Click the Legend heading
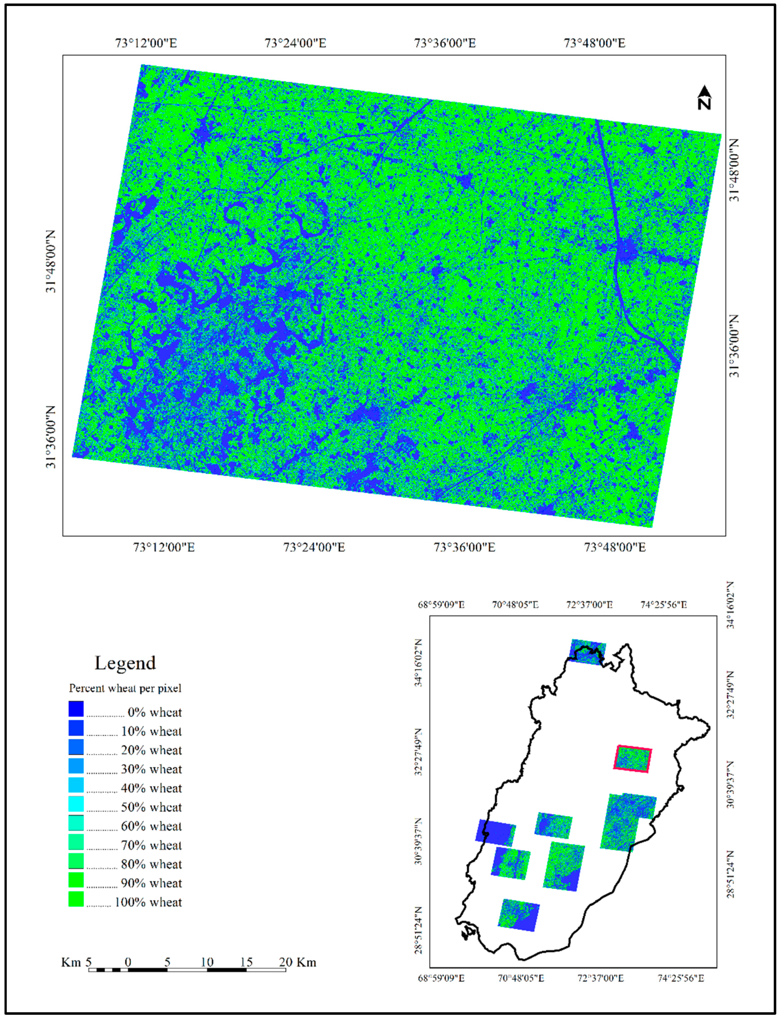[x=125, y=663]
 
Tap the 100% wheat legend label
[x=148, y=902]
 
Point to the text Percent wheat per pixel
[x=125, y=688]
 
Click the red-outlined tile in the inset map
[x=633, y=759]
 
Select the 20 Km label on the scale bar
[x=298, y=962]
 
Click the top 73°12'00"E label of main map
[x=146, y=43]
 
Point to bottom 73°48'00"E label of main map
[x=615, y=547]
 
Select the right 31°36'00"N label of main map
[x=733, y=346]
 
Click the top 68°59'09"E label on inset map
[x=441, y=605]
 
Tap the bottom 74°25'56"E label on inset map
[x=681, y=978]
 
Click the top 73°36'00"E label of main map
[x=445, y=43]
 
